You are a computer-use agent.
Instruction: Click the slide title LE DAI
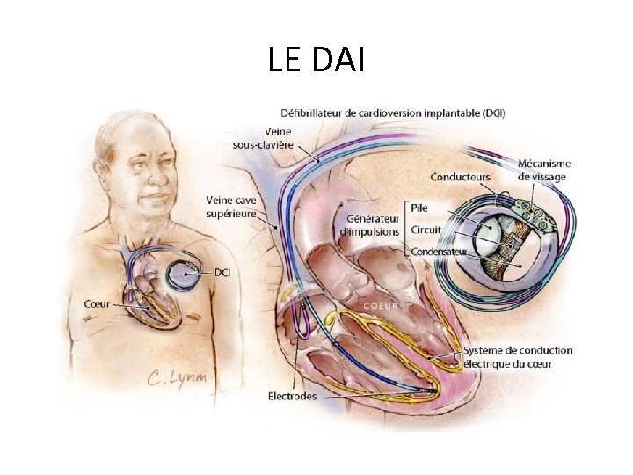(x=316, y=60)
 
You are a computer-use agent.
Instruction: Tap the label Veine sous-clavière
(x=262, y=138)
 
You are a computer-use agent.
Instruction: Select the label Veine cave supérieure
(x=231, y=206)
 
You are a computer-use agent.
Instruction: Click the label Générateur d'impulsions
(x=373, y=224)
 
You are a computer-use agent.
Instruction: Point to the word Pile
(x=419, y=208)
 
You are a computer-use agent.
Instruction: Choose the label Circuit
(x=426, y=230)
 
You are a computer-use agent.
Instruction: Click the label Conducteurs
(x=461, y=178)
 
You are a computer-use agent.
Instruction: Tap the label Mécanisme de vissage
(x=543, y=170)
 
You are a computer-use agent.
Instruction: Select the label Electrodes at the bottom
(x=293, y=396)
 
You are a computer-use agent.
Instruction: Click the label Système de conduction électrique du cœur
(x=518, y=356)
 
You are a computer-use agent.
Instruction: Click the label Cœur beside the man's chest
(x=97, y=303)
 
